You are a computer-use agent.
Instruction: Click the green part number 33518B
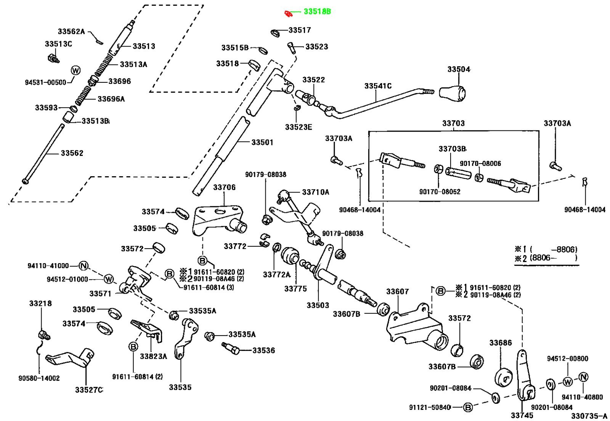317,12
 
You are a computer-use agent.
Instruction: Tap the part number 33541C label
378,86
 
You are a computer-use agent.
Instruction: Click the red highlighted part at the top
289,14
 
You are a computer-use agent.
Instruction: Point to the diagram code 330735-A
589,416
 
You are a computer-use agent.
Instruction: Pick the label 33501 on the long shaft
262,143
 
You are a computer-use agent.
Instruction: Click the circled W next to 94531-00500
75,71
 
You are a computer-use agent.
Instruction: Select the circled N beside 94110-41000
83,266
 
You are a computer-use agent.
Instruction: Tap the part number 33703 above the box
453,124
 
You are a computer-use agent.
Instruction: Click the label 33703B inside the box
452,149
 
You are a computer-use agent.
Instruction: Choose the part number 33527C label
88,390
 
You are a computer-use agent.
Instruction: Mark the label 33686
501,343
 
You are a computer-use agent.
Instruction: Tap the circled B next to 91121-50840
467,407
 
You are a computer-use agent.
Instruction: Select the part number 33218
40,304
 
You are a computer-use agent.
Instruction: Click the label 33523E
298,127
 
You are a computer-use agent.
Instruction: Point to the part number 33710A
315,192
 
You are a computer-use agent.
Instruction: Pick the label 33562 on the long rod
72,153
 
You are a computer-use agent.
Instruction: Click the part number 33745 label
522,415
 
